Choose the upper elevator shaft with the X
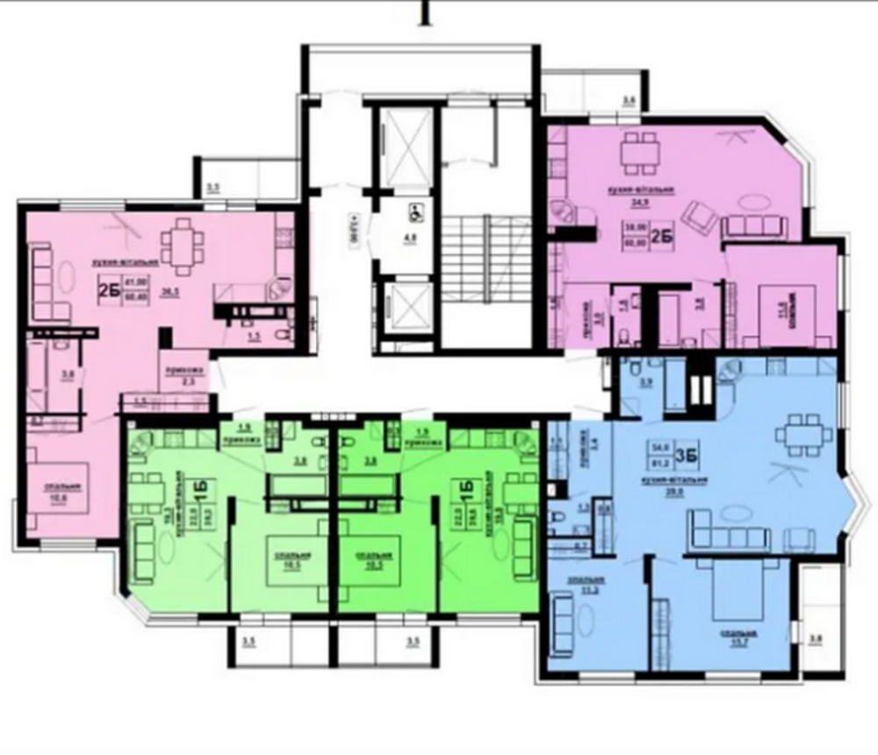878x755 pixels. (x=399, y=144)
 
